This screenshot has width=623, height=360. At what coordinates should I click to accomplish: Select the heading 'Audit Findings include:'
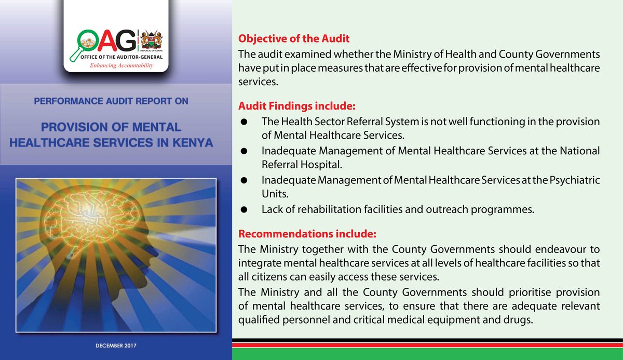point(296,106)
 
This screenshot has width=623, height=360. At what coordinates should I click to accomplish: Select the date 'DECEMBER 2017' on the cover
point(116,345)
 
